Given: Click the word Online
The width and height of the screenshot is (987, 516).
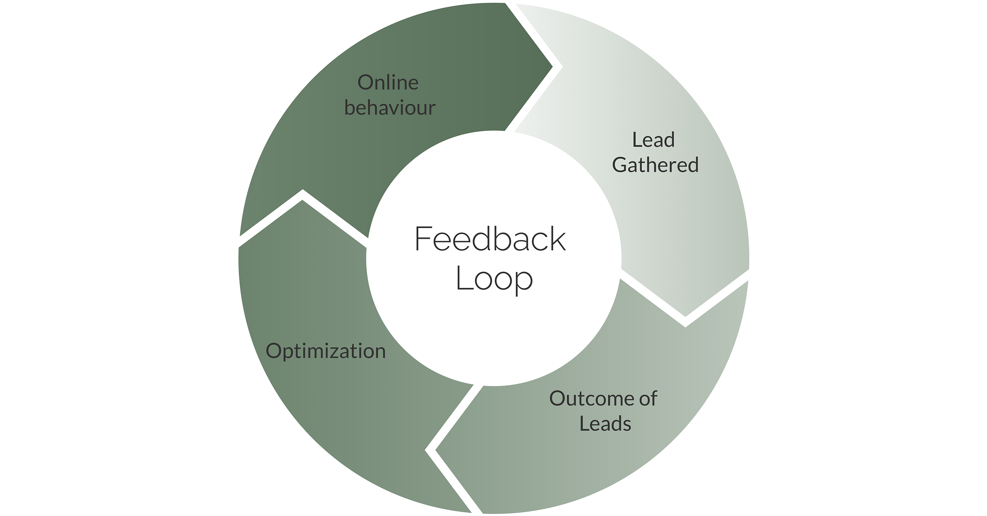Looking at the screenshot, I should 388,83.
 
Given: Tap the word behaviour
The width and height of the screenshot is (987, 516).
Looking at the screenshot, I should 390,107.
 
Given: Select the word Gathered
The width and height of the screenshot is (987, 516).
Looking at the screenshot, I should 655,165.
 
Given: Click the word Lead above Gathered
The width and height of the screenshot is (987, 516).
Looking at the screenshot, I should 653,140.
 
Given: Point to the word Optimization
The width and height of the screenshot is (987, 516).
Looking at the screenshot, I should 326,351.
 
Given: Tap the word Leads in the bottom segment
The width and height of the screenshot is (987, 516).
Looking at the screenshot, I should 605,423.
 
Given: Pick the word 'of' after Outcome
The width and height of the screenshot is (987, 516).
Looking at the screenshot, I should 649,398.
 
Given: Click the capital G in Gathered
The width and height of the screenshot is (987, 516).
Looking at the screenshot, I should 620,165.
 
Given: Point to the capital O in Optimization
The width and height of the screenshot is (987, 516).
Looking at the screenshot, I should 273,351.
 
